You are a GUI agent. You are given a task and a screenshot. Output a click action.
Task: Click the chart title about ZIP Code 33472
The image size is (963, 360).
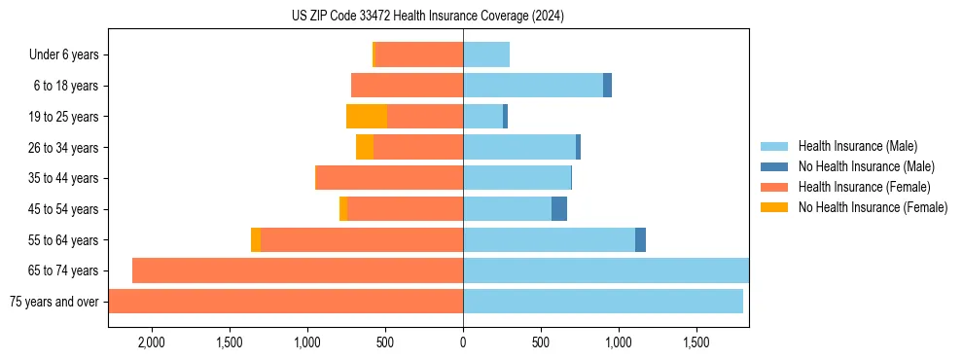pos(427,16)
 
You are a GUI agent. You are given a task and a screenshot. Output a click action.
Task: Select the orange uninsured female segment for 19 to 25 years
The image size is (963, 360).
pos(367,117)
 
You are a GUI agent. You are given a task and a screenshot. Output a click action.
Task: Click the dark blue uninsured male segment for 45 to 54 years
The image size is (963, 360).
pos(559,209)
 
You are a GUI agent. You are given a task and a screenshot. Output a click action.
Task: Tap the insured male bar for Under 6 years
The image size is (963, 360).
pos(486,55)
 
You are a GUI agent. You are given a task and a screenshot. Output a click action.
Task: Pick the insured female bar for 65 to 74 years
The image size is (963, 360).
pos(298,270)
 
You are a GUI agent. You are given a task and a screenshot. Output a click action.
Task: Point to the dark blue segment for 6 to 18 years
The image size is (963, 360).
pos(607,86)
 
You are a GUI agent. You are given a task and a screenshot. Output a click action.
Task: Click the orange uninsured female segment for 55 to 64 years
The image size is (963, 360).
pos(256,240)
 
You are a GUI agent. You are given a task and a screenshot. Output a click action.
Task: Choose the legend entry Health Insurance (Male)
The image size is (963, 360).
pos(857,147)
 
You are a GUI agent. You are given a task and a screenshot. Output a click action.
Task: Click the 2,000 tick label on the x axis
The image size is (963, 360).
pos(152,342)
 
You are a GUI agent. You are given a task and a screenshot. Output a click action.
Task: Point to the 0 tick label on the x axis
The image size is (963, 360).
pos(463,342)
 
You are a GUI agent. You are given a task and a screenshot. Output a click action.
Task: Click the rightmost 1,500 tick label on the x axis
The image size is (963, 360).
pos(696,342)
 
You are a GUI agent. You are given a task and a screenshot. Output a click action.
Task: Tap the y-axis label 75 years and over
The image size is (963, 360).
pos(53,302)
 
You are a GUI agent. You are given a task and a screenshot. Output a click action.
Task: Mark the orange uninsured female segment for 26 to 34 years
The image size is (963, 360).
pos(365,148)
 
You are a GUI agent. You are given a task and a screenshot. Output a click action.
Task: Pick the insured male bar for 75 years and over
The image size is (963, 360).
pos(603,302)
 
